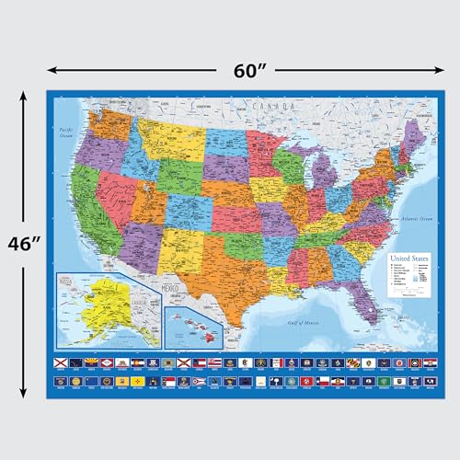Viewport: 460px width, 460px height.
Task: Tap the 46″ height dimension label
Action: tap(22, 244)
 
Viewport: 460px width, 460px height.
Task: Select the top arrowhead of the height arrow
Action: tap(23, 92)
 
